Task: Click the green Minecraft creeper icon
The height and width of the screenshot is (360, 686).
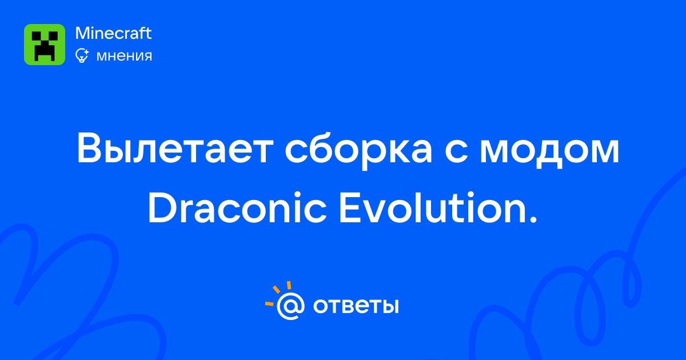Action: point(45,45)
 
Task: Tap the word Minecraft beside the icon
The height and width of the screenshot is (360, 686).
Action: point(113,33)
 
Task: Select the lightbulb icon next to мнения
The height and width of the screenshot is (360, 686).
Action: point(82,56)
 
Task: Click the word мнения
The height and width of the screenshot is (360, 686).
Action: point(124,57)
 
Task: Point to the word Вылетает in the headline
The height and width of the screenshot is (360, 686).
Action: point(175,149)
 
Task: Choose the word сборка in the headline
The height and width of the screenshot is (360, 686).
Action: point(358,150)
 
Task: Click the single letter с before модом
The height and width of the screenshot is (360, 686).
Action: point(456,153)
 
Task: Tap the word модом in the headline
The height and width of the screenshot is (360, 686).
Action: point(550,153)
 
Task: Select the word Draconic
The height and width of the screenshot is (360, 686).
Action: point(238,207)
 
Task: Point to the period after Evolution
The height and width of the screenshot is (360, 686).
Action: point(533,219)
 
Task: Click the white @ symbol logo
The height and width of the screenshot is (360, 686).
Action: point(290,306)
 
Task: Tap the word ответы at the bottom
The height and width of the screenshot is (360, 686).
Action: point(356,306)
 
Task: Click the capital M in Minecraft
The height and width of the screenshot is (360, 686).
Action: point(83,33)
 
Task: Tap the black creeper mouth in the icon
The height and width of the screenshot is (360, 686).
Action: point(45,51)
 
